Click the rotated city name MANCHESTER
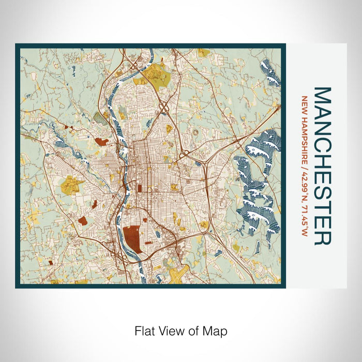coord(322,166)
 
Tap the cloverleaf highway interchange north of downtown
coord(165,107)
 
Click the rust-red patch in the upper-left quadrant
coord(101,141)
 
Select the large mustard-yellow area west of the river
coord(70,184)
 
